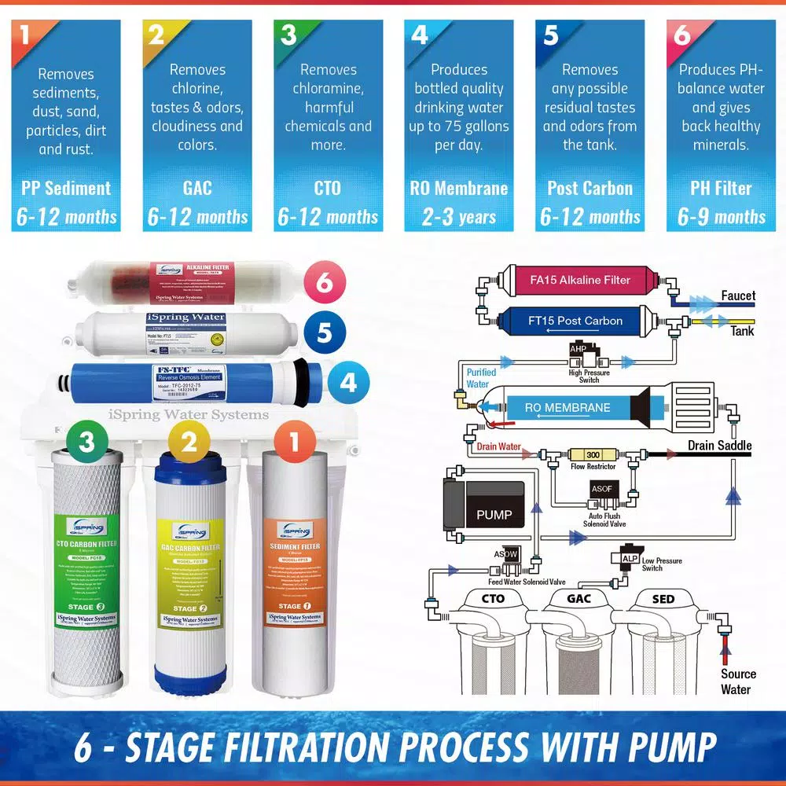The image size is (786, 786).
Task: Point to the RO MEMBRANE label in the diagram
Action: pos(567,408)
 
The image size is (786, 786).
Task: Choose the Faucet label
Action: pos(737,296)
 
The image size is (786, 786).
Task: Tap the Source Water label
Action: pos(737,681)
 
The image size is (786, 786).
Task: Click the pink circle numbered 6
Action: pos(325,281)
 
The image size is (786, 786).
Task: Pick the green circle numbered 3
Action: pos(86,442)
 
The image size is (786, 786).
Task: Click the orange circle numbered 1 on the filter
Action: pos(294,442)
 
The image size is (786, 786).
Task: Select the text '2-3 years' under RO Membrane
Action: pos(459,217)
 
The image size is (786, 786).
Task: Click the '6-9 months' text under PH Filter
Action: pos(722,217)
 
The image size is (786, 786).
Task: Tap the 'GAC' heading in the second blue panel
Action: pos(197,189)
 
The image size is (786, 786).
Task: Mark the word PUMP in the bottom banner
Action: pos(660,747)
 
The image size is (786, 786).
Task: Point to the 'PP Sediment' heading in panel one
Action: pos(66,189)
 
